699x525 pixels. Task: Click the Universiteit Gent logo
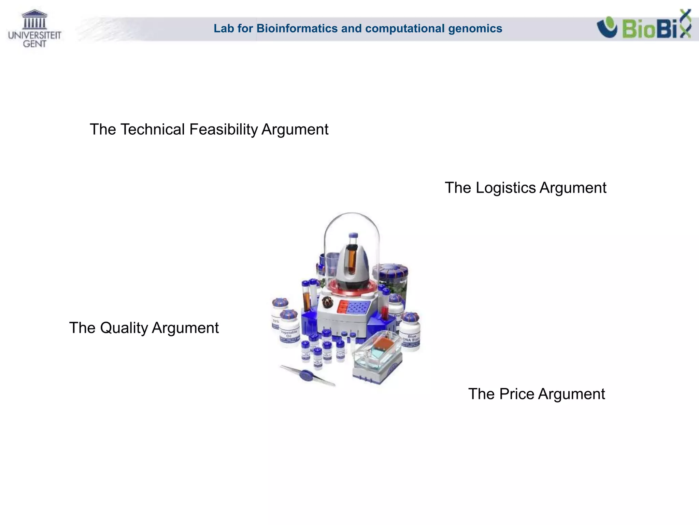click(x=34, y=29)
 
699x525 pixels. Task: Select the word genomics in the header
click(x=475, y=28)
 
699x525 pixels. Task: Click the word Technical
click(x=153, y=130)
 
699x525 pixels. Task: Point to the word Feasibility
click(x=224, y=130)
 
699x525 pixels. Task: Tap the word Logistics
click(x=506, y=188)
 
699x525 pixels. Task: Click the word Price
click(x=517, y=394)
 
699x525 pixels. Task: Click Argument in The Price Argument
click(x=571, y=394)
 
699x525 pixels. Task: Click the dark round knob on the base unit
click(x=328, y=302)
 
